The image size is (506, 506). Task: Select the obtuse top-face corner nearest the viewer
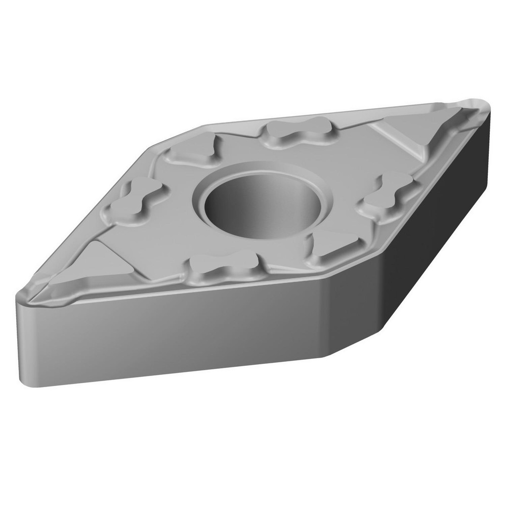[x=324, y=276]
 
